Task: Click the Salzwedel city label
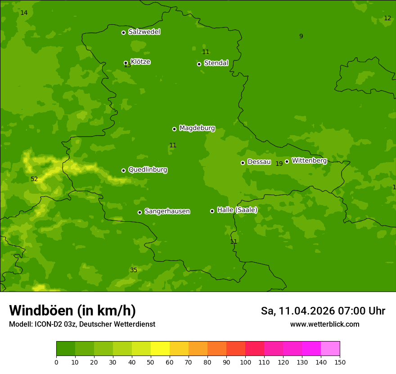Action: coord(144,32)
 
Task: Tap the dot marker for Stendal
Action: coord(199,64)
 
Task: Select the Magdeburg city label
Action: coord(197,128)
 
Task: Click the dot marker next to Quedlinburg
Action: coord(123,170)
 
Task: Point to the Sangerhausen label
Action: coord(167,211)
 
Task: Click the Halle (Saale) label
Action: coord(237,210)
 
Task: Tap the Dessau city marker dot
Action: coord(243,163)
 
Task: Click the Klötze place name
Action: coord(140,62)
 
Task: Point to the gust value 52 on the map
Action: coord(34,179)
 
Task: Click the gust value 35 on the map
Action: coord(134,270)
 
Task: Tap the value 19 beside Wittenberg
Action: coord(279,164)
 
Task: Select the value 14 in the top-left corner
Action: coord(24,13)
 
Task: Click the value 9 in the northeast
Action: coord(301,36)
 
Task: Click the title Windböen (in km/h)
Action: coord(72,310)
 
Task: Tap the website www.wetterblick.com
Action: coord(324,324)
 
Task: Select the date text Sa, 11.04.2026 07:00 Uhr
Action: coord(323,311)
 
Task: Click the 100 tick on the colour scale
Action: coord(245,362)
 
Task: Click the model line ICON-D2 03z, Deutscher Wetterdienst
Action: coord(82,324)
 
